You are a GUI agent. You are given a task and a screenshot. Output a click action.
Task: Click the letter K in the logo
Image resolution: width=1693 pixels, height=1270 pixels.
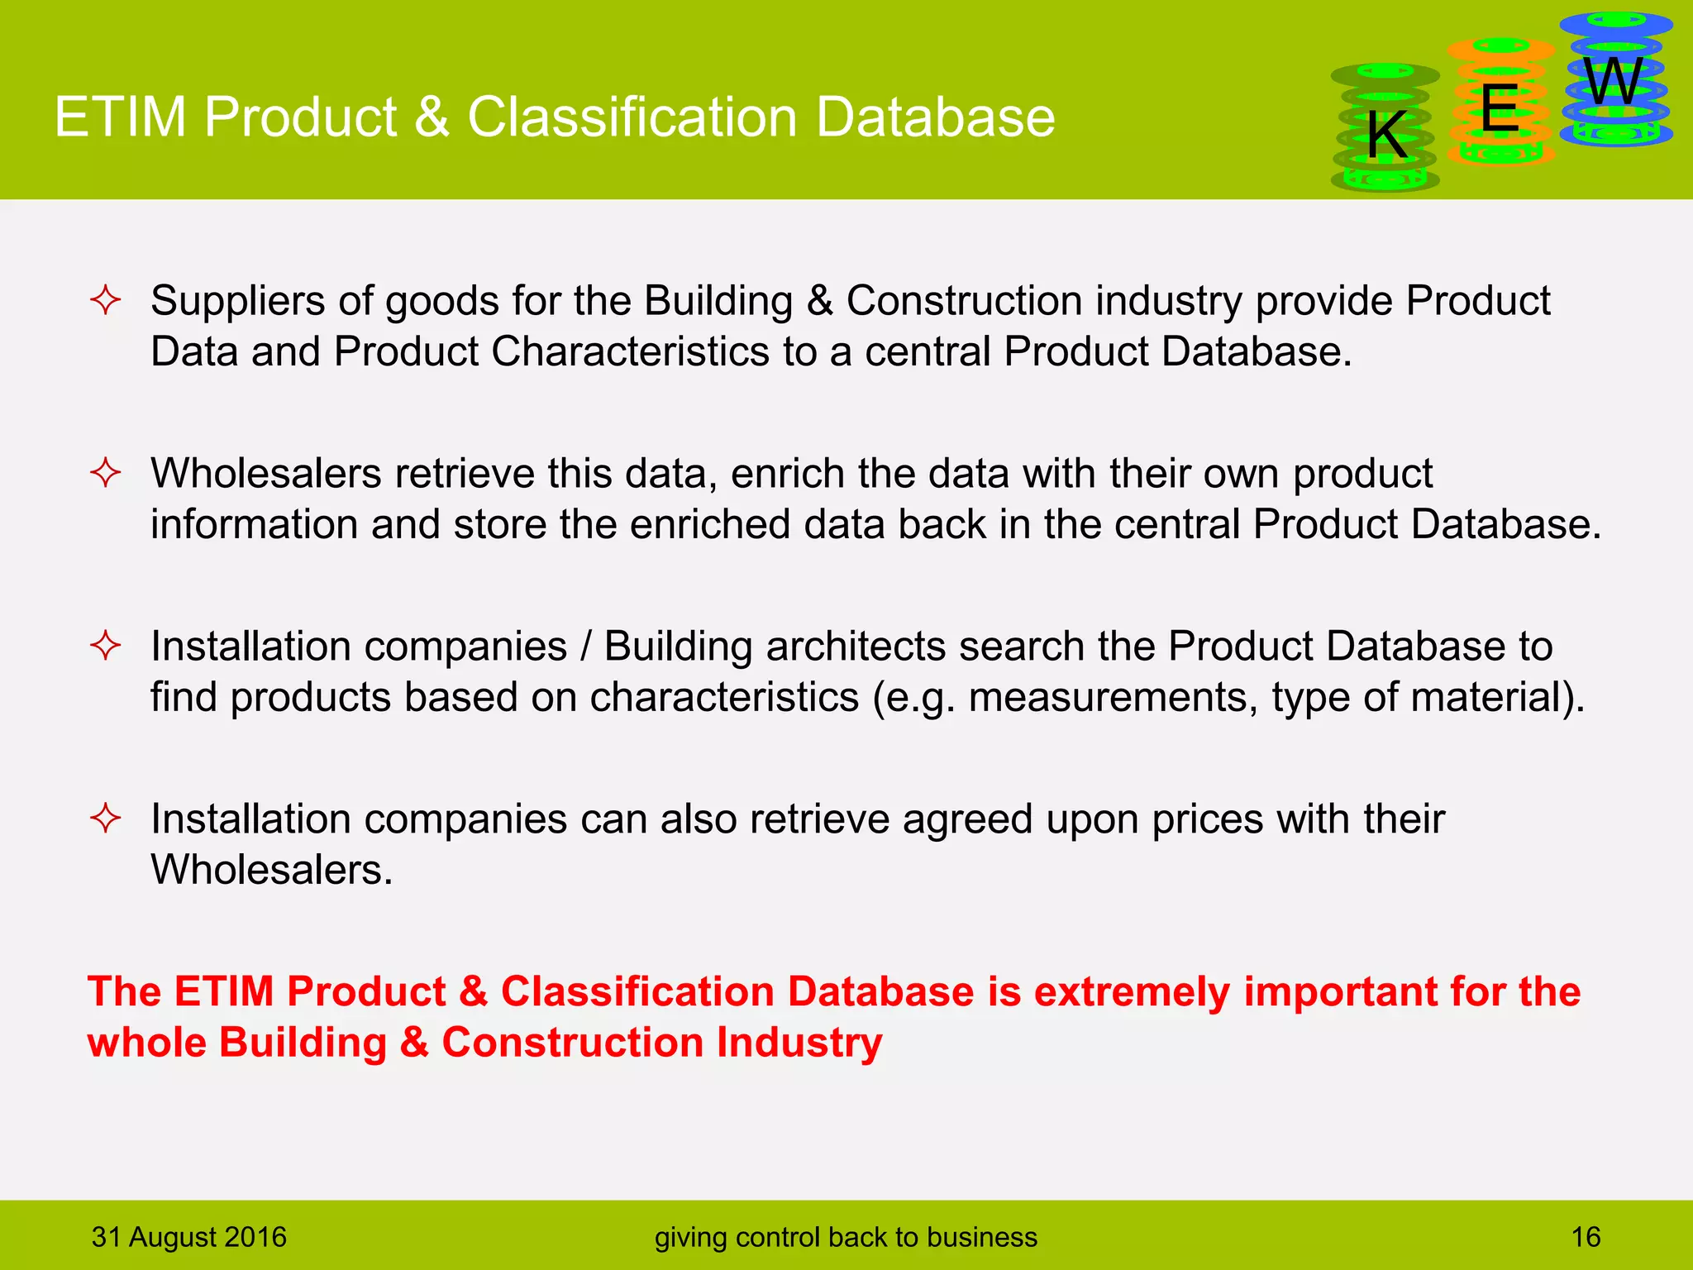click(1386, 135)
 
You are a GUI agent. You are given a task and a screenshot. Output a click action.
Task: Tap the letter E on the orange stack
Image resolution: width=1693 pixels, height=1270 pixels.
click(1499, 108)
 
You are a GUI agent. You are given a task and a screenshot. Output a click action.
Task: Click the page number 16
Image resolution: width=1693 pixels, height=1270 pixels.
click(1586, 1237)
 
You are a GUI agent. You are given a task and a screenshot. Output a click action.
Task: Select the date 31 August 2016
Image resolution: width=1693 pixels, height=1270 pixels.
click(188, 1237)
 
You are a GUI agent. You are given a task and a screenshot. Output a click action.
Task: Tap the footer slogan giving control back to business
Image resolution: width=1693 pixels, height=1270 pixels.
click(846, 1237)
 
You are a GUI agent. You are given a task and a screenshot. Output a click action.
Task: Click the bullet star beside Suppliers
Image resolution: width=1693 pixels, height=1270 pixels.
click(106, 300)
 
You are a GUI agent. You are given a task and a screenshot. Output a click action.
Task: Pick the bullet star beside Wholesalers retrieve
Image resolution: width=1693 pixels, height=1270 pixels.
click(106, 473)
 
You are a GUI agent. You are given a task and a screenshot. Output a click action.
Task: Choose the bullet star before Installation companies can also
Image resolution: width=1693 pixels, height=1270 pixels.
click(106, 819)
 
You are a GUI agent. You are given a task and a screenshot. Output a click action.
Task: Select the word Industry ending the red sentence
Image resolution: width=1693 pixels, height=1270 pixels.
click(799, 1042)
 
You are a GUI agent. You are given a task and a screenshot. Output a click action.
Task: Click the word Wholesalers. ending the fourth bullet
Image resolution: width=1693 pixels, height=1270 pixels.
click(271, 870)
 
